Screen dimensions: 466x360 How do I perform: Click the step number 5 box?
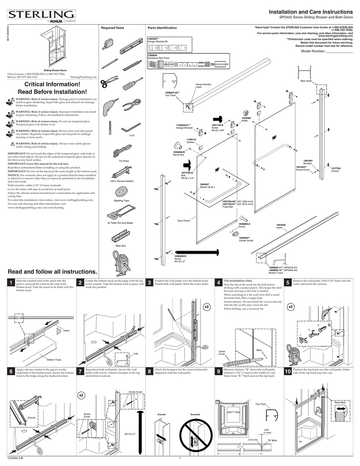click(x=288, y=282)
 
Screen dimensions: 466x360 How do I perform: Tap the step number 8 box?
click(x=150, y=372)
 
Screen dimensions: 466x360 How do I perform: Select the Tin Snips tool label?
click(x=124, y=161)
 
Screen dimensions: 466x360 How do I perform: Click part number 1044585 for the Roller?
click(x=246, y=118)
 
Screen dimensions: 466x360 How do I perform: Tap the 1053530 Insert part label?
click(x=281, y=226)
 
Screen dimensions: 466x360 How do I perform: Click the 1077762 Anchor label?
click(x=336, y=169)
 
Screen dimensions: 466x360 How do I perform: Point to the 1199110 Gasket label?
click(x=192, y=141)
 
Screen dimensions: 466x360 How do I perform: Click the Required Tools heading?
click(x=112, y=28)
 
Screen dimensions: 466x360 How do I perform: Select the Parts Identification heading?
click(x=162, y=28)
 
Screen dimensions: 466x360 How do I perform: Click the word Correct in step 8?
click(x=161, y=414)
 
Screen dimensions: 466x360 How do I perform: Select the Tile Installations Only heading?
click(x=238, y=281)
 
